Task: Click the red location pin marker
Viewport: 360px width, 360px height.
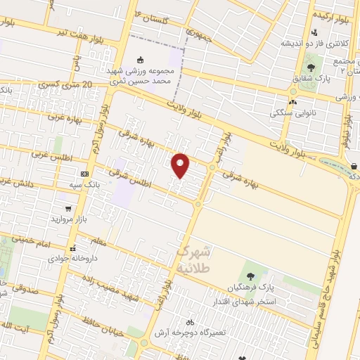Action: [181, 165]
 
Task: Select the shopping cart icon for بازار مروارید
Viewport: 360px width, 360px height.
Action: [68, 208]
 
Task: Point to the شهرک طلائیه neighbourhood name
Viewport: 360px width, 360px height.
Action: [193, 259]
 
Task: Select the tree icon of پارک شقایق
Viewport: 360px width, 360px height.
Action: [311, 68]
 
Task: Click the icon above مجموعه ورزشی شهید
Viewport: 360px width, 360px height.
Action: [141, 59]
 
